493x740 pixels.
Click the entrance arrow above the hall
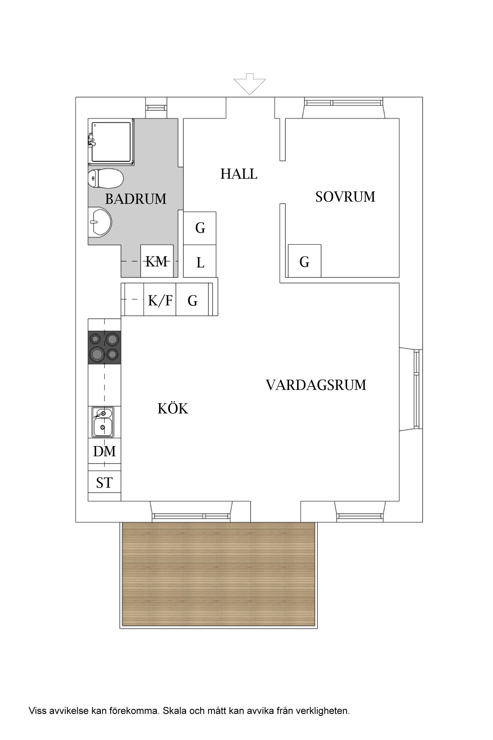249,85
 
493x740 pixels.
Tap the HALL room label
239,174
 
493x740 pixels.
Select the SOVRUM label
345,197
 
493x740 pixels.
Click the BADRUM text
136,199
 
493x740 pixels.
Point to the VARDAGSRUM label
316,385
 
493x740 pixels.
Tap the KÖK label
173,409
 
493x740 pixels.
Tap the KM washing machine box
157,261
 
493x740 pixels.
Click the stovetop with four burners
104,347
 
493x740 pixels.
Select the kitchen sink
103,422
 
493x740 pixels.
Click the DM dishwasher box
104,451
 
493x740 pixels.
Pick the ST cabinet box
104,482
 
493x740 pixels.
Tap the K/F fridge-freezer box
160,300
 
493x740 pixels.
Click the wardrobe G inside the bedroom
304,261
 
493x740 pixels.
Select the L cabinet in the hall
200,262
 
